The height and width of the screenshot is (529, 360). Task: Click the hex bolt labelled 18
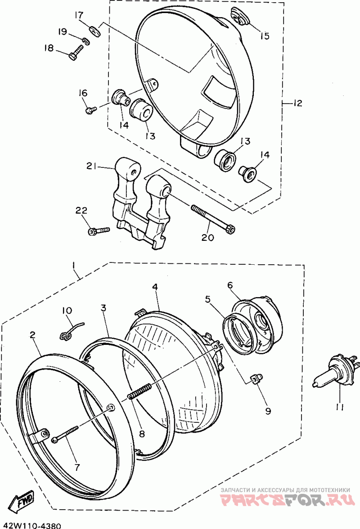(76, 51)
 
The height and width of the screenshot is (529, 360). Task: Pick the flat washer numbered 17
(94, 31)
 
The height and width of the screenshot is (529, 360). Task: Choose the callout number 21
(92, 166)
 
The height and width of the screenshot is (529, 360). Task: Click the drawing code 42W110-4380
(32, 525)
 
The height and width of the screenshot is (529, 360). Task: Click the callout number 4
(155, 287)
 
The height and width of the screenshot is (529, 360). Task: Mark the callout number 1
(74, 266)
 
